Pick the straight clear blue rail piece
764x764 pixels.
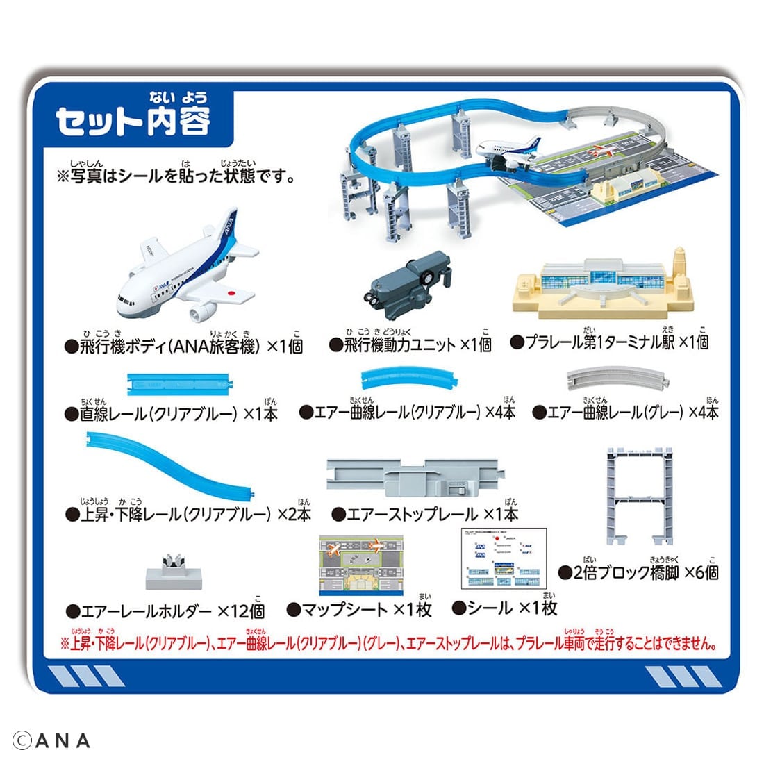click(179, 385)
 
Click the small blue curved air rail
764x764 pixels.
click(409, 377)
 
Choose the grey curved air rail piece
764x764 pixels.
click(617, 378)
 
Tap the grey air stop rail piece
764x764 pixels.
click(415, 477)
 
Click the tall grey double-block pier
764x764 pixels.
click(639, 495)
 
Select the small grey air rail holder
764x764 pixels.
click(174, 573)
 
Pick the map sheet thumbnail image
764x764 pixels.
click(360, 565)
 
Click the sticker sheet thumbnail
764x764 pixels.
click(504, 558)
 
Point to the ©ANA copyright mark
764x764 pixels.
click(51, 741)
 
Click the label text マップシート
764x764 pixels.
click(344, 610)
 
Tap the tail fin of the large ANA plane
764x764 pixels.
click(229, 228)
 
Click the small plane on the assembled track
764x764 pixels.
click(509, 152)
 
